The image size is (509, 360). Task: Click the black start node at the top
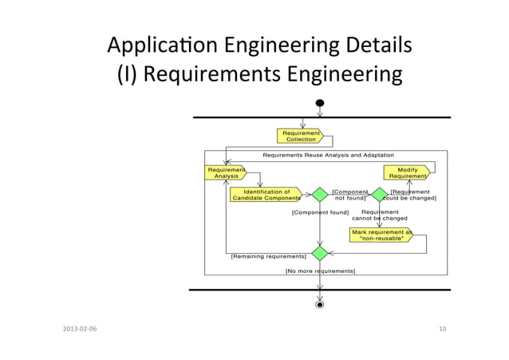(x=320, y=103)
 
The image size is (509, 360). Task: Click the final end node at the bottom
(x=320, y=304)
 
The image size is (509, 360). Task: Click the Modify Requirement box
(x=407, y=172)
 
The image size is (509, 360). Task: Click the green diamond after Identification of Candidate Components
(x=320, y=195)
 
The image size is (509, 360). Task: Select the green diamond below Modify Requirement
(x=379, y=195)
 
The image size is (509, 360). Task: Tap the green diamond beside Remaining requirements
(x=320, y=253)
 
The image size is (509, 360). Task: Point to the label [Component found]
(x=320, y=213)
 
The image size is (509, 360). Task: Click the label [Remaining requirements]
(x=268, y=256)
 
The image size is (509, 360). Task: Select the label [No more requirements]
(x=320, y=271)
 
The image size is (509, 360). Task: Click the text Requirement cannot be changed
(x=380, y=215)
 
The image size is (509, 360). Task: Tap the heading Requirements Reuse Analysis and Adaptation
(x=328, y=155)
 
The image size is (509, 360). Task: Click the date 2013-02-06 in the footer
(x=77, y=329)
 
